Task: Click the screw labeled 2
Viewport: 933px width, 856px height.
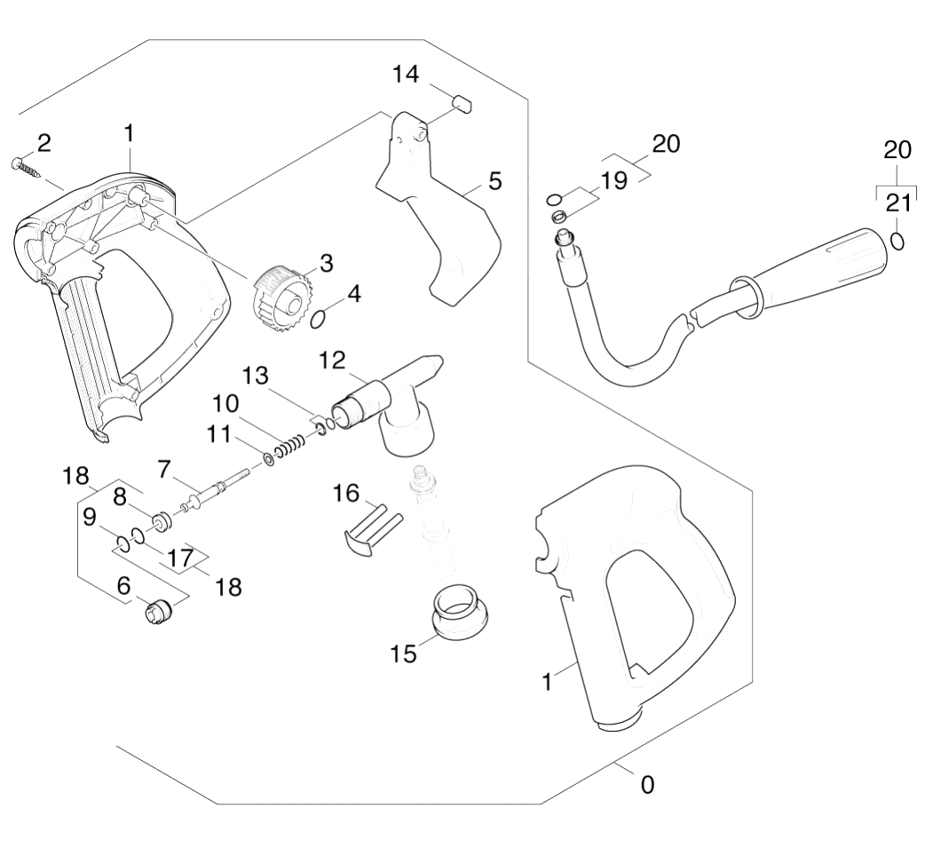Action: (x=26, y=166)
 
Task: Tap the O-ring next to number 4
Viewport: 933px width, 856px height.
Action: (x=319, y=320)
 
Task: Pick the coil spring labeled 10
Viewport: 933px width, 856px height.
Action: (x=292, y=443)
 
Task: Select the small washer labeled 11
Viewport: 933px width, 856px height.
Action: (x=269, y=460)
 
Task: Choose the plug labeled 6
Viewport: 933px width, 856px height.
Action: (x=159, y=611)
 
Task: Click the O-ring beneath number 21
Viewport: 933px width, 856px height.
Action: (x=897, y=242)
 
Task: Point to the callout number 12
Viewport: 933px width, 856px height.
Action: (x=332, y=361)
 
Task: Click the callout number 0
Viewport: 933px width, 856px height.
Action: (x=647, y=785)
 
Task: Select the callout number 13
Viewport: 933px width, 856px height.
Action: (x=256, y=376)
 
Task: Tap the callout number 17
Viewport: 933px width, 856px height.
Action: (x=180, y=559)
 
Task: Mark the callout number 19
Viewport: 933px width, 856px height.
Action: (x=613, y=180)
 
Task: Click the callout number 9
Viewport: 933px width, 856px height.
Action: (x=90, y=517)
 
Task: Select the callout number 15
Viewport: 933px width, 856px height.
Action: (x=403, y=654)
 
